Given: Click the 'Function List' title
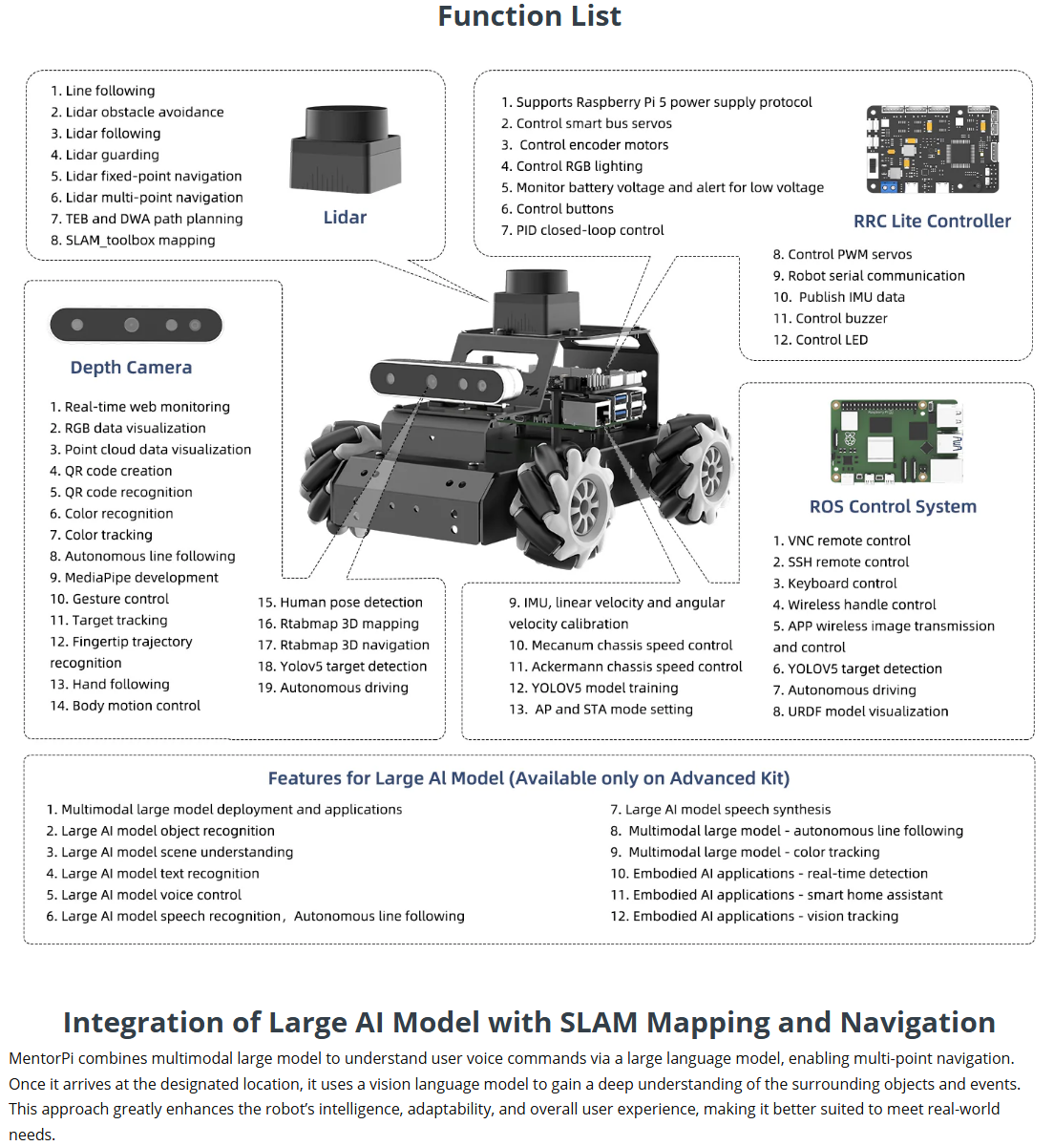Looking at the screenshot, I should [x=529, y=16].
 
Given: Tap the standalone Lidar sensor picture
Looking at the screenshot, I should [x=346, y=148].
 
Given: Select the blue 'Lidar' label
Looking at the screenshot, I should [x=345, y=218].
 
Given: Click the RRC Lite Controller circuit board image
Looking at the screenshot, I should [x=932, y=149].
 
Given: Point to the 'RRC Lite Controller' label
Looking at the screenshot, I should [x=932, y=222].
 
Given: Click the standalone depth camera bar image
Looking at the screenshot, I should [x=136, y=326].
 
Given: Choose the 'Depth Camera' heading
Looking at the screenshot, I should [x=131, y=368].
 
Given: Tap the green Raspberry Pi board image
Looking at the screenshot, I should [x=896, y=442].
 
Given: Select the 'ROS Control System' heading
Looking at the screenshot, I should [x=893, y=507].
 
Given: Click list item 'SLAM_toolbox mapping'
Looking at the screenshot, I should [x=139, y=241].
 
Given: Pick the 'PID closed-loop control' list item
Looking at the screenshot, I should [x=589, y=230].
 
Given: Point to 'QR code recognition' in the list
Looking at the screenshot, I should [x=128, y=493].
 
